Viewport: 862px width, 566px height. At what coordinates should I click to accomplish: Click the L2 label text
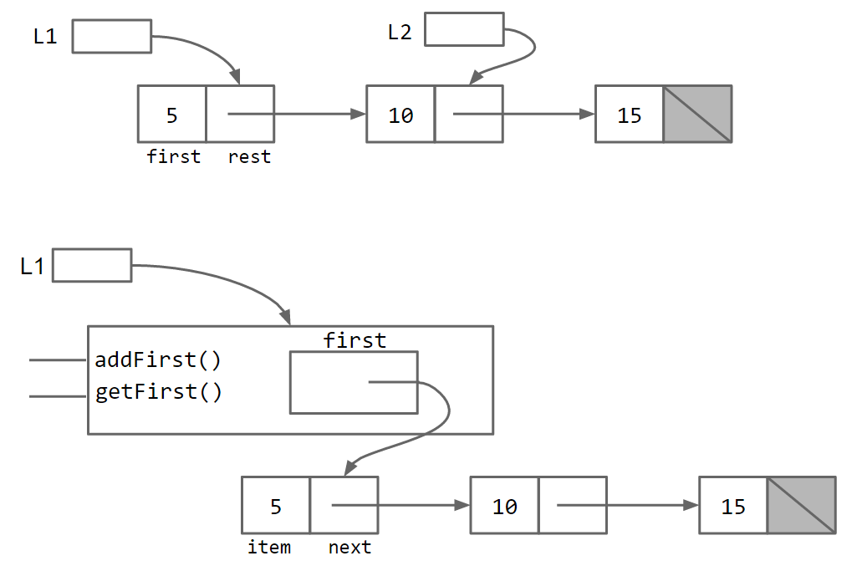coord(400,33)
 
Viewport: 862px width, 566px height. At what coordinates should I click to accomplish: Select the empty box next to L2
coord(464,29)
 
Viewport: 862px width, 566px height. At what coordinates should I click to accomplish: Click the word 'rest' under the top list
coord(249,156)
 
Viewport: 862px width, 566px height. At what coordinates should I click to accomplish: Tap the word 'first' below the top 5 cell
coord(173,156)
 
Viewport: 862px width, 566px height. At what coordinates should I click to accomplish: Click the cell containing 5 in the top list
coord(172,114)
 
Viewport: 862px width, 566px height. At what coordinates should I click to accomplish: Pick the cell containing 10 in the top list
coord(400,114)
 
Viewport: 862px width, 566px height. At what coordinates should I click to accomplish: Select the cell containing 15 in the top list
coord(630,114)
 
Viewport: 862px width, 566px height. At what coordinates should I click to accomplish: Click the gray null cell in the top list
coord(697,114)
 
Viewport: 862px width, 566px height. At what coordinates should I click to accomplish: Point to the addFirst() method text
coord(158,360)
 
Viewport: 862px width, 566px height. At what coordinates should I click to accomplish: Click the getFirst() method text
coord(158,392)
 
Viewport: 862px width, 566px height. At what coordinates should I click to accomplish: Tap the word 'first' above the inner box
coord(354,340)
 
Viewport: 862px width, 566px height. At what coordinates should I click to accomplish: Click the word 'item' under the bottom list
coord(269,548)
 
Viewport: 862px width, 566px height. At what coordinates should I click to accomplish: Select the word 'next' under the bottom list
coord(349,548)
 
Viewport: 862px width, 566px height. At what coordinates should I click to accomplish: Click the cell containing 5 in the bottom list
coord(276,505)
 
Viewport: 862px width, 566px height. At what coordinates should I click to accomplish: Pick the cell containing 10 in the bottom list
coord(504,505)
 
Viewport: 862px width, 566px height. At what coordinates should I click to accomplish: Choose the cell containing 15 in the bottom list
coord(733,505)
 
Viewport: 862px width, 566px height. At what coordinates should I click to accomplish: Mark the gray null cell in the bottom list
coord(801,505)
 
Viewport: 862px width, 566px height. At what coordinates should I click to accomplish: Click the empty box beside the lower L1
coord(92,265)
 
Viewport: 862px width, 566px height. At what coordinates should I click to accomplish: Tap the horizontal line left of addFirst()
coord(57,360)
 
